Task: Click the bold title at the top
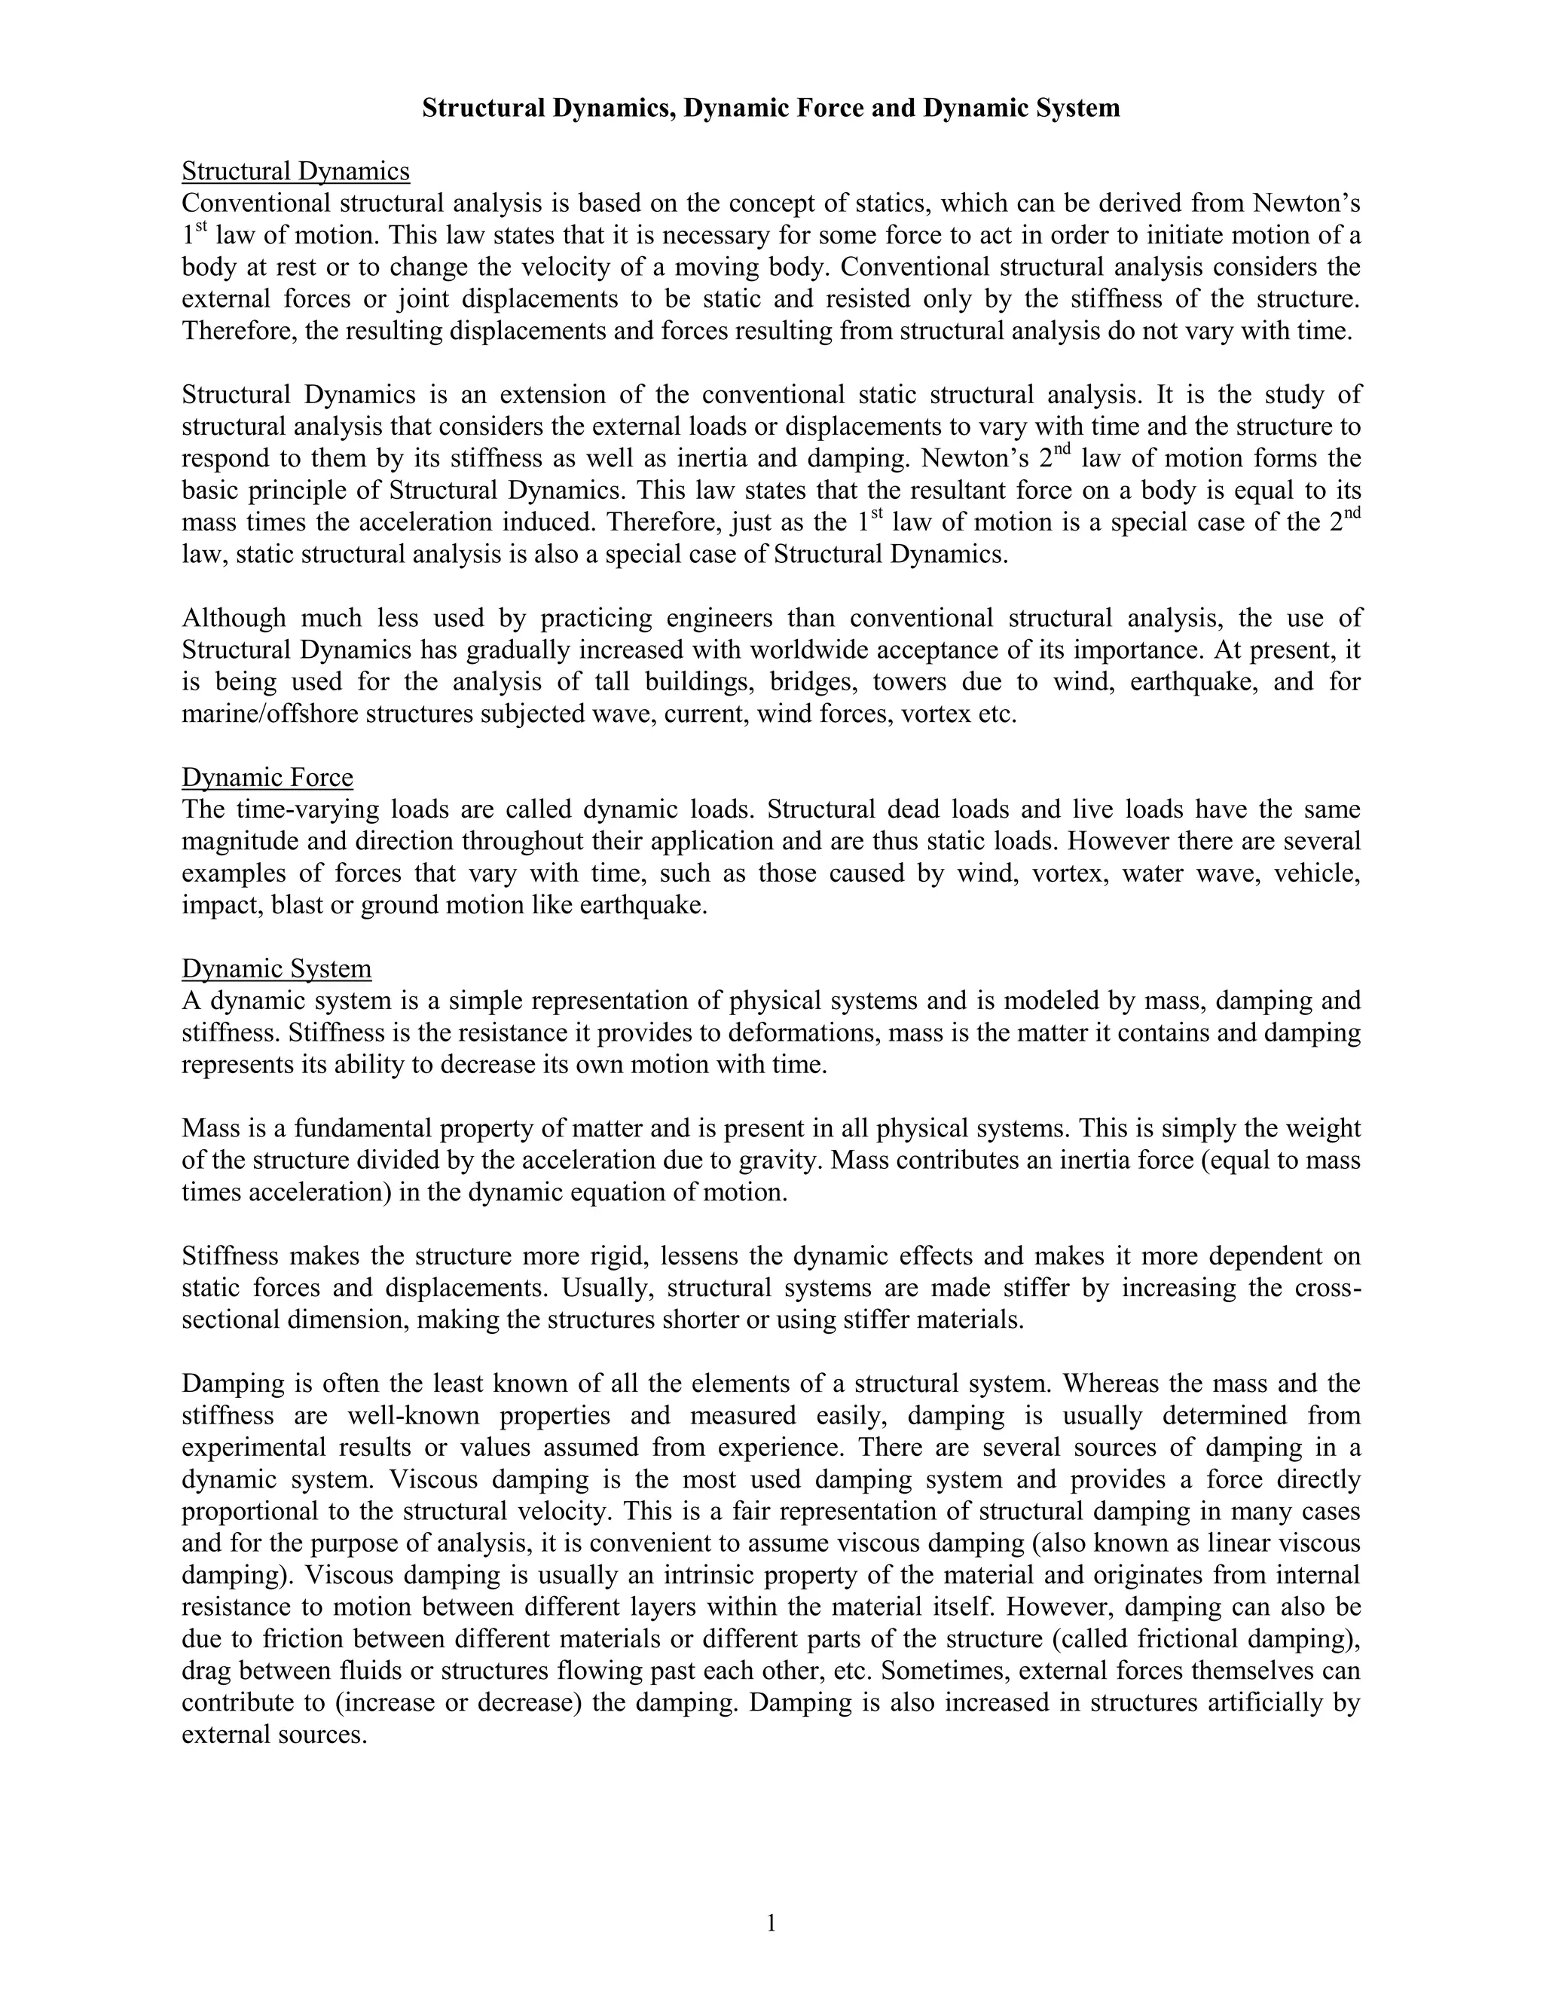pyautogui.click(x=771, y=109)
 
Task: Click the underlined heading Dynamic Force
pyautogui.click(x=267, y=777)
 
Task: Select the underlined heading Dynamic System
pyautogui.click(x=276, y=968)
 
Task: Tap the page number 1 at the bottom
pyautogui.click(x=771, y=1924)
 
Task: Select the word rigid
pyautogui.click(x=617, y=1256)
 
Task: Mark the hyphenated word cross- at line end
pyautogui.click(x=1328, y=1289)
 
